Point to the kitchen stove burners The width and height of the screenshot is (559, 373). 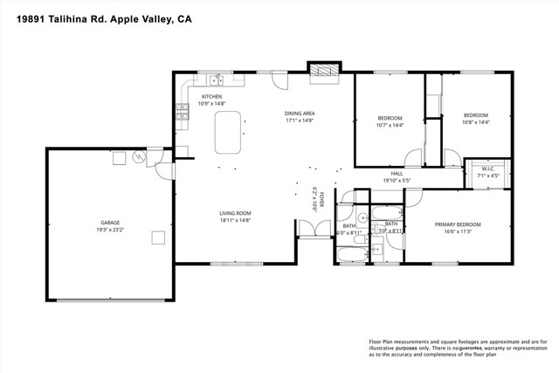click(182, 111)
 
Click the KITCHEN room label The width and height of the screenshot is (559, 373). click(212, 97)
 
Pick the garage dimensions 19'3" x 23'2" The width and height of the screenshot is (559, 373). click(109, 230)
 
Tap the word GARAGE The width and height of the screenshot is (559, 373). click(109, 223)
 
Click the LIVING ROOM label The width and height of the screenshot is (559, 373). click(235, 213)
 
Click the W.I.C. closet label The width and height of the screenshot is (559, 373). click(488, 169)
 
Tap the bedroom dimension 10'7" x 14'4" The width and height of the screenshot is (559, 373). click(390, 125)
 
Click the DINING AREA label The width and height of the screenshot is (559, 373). click(300, 114)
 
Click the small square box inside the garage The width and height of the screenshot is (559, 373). click(157, 238)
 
